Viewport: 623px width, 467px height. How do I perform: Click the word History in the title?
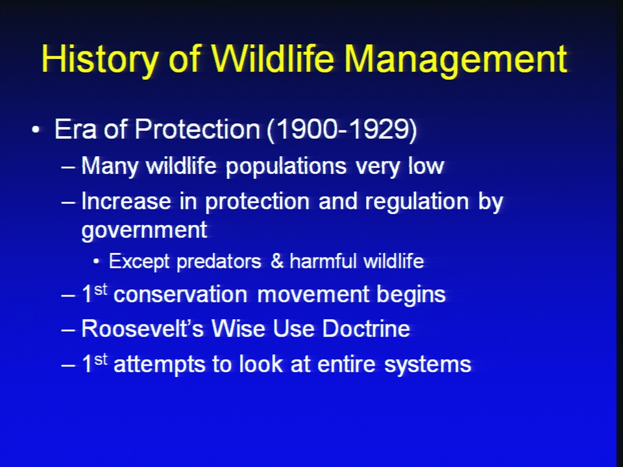point(99,60)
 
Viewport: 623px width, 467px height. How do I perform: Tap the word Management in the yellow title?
point(456,60)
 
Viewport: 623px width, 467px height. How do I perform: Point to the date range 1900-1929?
point(342,130)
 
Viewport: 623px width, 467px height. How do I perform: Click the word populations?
point(286,167)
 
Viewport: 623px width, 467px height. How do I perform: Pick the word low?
point(426,165)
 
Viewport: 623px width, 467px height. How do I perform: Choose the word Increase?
point(127,201)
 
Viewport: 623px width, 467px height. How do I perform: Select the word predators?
point(219,262)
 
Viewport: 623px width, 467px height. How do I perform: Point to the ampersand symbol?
point(277,261)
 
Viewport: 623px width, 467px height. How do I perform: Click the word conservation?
point(180,294)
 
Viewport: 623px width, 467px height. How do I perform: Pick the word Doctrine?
point(366,328)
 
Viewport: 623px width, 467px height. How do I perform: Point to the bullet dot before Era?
point(36,130)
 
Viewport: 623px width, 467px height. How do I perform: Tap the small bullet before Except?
point(96,261)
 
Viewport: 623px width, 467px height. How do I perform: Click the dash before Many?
point(67,167)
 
